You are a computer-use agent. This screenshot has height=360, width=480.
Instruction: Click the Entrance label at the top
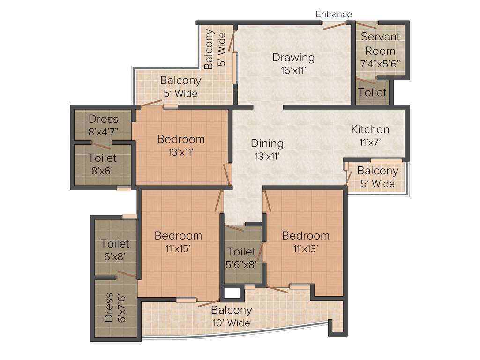point(333,14)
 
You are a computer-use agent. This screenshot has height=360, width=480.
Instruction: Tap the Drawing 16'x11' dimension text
point(293,72)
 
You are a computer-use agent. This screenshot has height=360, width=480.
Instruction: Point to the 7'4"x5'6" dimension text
point(380,65)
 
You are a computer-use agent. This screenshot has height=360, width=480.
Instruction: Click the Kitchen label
point(370,129)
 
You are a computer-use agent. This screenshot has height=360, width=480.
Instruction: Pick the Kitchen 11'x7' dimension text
point(370,143)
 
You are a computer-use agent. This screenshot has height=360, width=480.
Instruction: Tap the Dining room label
point(267,143)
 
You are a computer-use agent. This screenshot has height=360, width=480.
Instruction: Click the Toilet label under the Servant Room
point(373,92)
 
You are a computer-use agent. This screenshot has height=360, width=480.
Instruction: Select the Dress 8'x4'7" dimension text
point(104,132)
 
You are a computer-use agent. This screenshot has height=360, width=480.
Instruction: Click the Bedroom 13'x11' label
point(181,139)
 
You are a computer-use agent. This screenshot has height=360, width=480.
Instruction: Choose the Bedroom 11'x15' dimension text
point(178,249)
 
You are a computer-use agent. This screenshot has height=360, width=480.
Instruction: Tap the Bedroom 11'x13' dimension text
point(305,249)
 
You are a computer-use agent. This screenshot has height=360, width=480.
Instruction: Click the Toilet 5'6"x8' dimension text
point(241,265)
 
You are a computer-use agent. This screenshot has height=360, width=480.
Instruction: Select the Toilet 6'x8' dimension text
point(115,256)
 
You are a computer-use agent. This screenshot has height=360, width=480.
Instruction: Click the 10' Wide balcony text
point(231,323)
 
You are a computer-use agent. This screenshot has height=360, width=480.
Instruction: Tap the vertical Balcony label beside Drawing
point(209,50)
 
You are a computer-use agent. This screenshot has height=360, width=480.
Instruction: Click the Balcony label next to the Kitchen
point(377,171)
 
